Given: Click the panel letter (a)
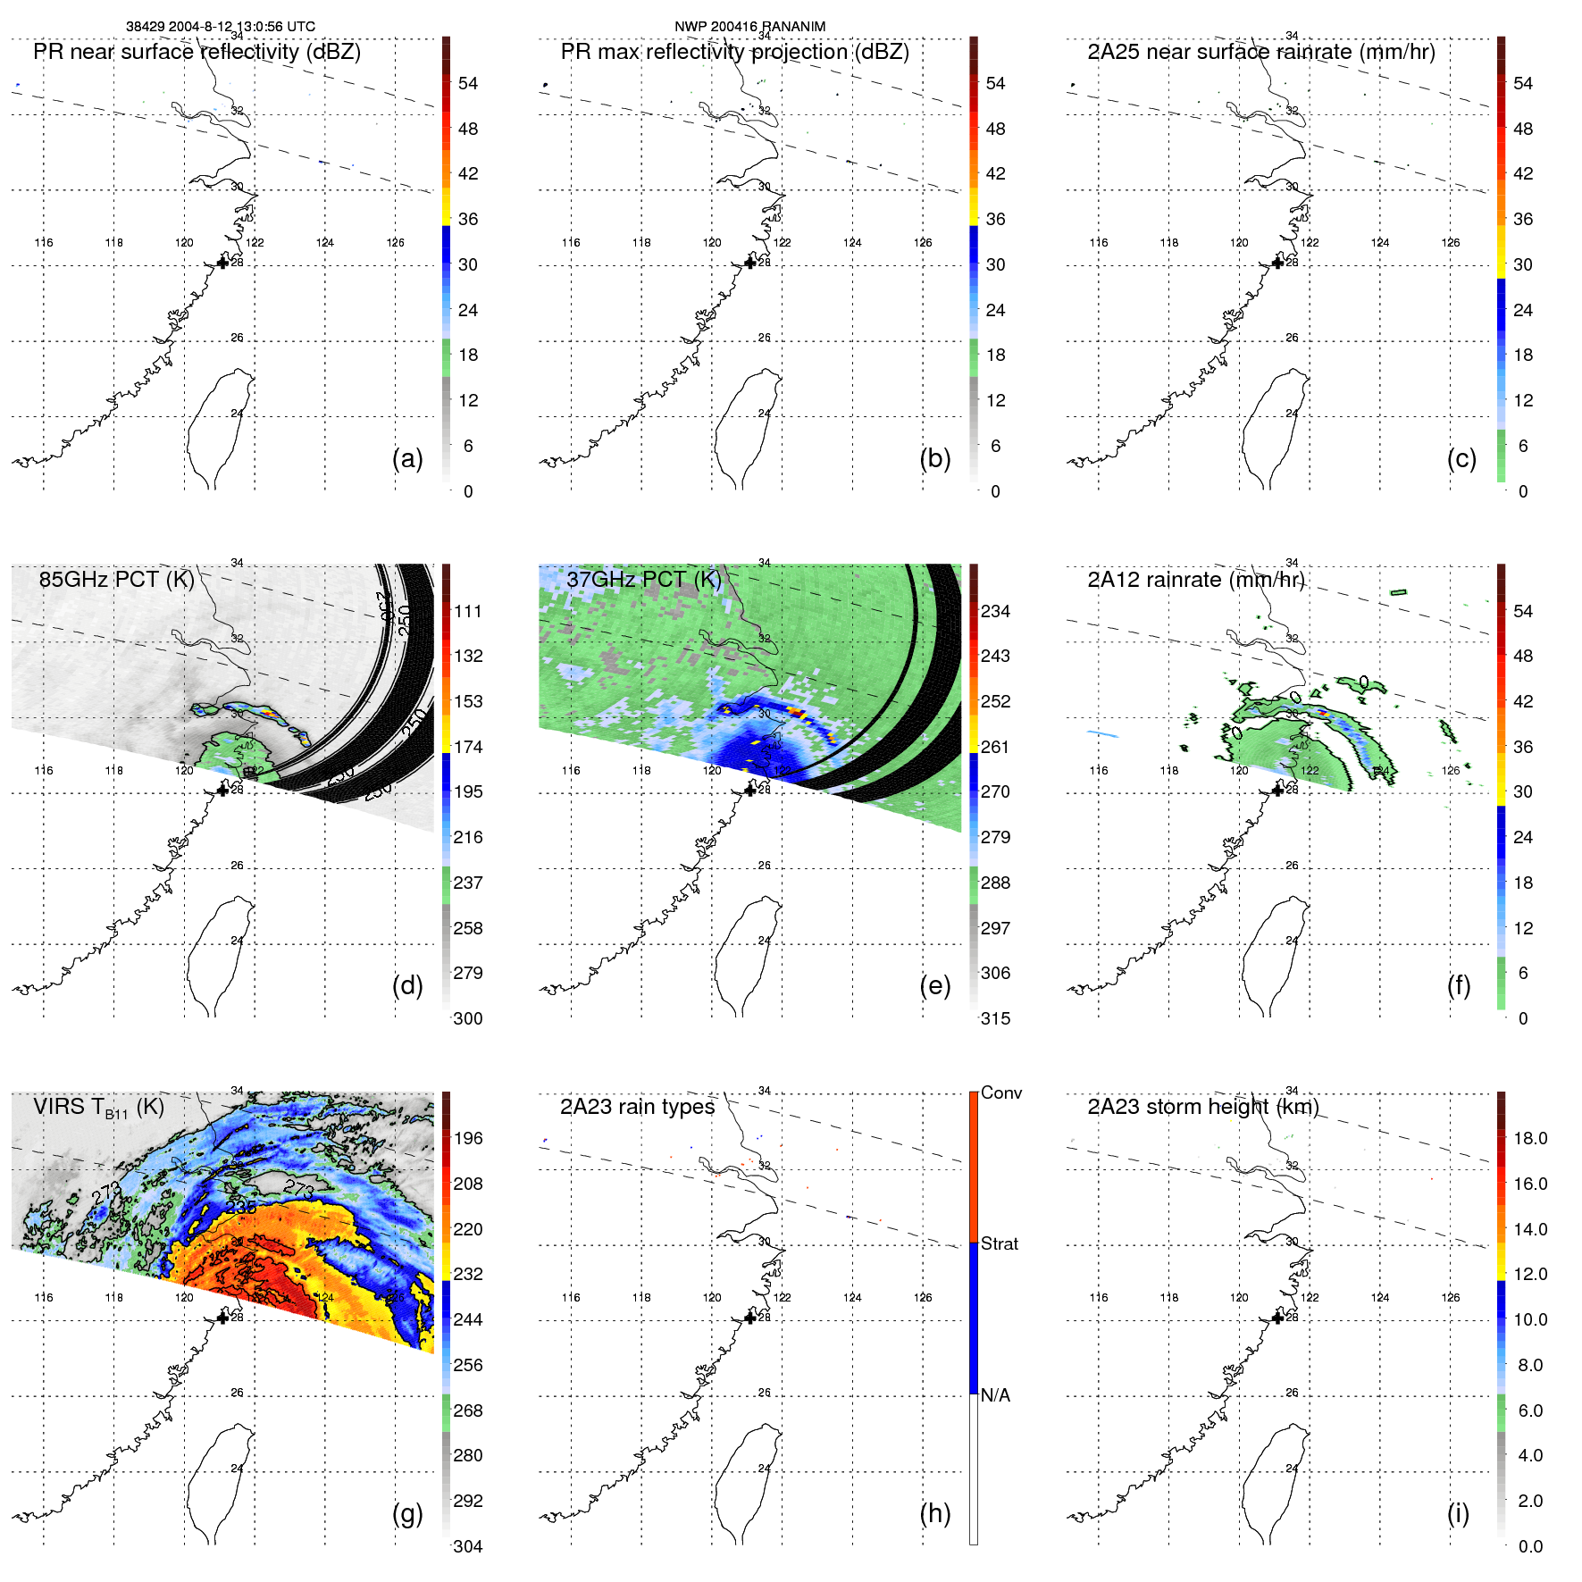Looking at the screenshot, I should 407,459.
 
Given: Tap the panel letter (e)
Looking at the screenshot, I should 934,986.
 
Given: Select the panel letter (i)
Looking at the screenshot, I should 1458,1514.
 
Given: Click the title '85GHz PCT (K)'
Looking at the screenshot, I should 116,579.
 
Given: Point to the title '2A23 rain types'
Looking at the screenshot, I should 637,1107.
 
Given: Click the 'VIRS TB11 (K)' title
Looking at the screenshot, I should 98,1108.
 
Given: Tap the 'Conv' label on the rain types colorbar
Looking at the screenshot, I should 1000,1092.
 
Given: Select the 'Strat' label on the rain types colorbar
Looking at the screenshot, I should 1000,1243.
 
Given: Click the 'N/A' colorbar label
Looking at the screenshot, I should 995,1395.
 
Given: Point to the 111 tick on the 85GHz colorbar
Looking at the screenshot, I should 468,611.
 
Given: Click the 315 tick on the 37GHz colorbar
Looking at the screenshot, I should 995,1018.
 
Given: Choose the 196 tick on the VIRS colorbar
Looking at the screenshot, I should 468,1138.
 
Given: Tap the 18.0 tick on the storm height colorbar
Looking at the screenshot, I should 1529,1138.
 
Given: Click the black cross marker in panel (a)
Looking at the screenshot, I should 222,263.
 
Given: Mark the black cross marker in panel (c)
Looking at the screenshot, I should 1277,263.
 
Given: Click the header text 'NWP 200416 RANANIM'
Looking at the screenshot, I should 749,27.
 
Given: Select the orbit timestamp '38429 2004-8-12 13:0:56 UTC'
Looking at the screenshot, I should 220,27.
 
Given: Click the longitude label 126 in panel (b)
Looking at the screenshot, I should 923,242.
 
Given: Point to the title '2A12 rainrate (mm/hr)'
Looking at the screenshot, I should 1195,580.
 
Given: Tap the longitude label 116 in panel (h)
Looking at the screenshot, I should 571,1297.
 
